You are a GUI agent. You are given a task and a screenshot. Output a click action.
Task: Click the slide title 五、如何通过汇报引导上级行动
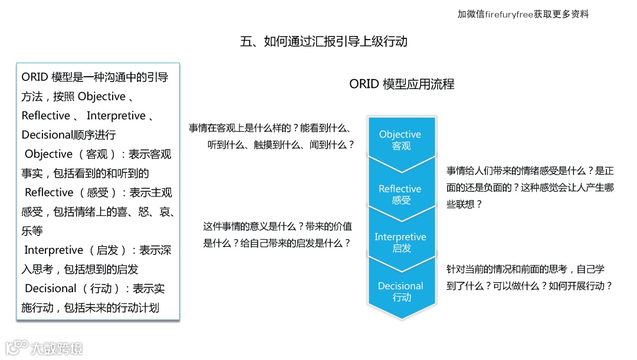point(324,41)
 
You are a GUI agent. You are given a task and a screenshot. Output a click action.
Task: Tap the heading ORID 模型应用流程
point(402,84)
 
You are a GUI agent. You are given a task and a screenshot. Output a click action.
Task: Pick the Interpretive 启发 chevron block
point(401,242)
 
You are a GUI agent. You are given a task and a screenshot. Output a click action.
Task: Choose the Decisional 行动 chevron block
point(401,291)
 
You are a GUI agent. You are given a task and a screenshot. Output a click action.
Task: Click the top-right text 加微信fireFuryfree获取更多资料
point(523,14)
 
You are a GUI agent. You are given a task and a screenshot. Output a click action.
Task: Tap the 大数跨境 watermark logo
point(44,348)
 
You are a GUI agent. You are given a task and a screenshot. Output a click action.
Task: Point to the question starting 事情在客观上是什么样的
point(272,136)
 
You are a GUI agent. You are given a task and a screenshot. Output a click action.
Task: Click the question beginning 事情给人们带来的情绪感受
point(530,188)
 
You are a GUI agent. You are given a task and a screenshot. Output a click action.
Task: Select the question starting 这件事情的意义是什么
point(277,234)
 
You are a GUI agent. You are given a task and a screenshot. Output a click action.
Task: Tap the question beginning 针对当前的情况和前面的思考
point(530,277)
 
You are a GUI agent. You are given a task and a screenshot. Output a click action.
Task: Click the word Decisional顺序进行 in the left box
point(69,135)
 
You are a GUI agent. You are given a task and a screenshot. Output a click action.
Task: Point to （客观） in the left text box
point(97,154)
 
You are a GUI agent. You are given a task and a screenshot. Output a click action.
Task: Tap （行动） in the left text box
point(101,289)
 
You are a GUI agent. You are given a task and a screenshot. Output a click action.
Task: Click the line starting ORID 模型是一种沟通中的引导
point(95,77)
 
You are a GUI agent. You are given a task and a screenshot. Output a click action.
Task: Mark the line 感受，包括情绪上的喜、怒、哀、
point(98,211)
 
